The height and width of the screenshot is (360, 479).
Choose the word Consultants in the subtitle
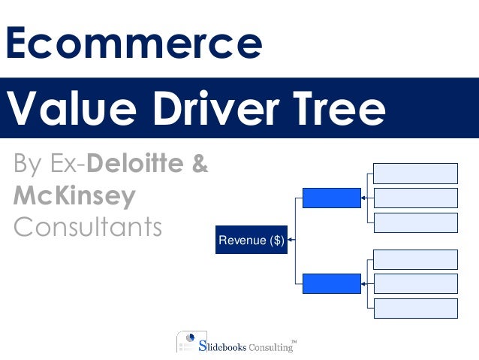(x=88, y=227)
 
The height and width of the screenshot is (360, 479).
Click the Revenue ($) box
(x=251, y=240)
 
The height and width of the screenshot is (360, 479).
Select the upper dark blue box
(x=331, y=198)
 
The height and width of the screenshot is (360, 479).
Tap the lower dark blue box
(x=331, y=284)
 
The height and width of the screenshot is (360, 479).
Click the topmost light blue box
(x=415, y=174)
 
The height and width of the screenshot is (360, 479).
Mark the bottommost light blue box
(x=415, y=309)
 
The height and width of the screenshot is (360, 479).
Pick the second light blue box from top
(x=415, y=198)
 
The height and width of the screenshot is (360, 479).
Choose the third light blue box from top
(x=415, y=222)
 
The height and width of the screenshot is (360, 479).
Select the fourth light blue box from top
(x=415, y=259)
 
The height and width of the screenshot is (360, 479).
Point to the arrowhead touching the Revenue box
(x=291, y=240)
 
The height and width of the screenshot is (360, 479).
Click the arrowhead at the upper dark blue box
(x=364, y=198)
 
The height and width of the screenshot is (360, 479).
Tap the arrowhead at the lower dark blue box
(x=364, y=284)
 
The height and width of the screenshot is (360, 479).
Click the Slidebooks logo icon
(x=187, y=341)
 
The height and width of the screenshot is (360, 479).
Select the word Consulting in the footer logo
(x=271, y=347)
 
